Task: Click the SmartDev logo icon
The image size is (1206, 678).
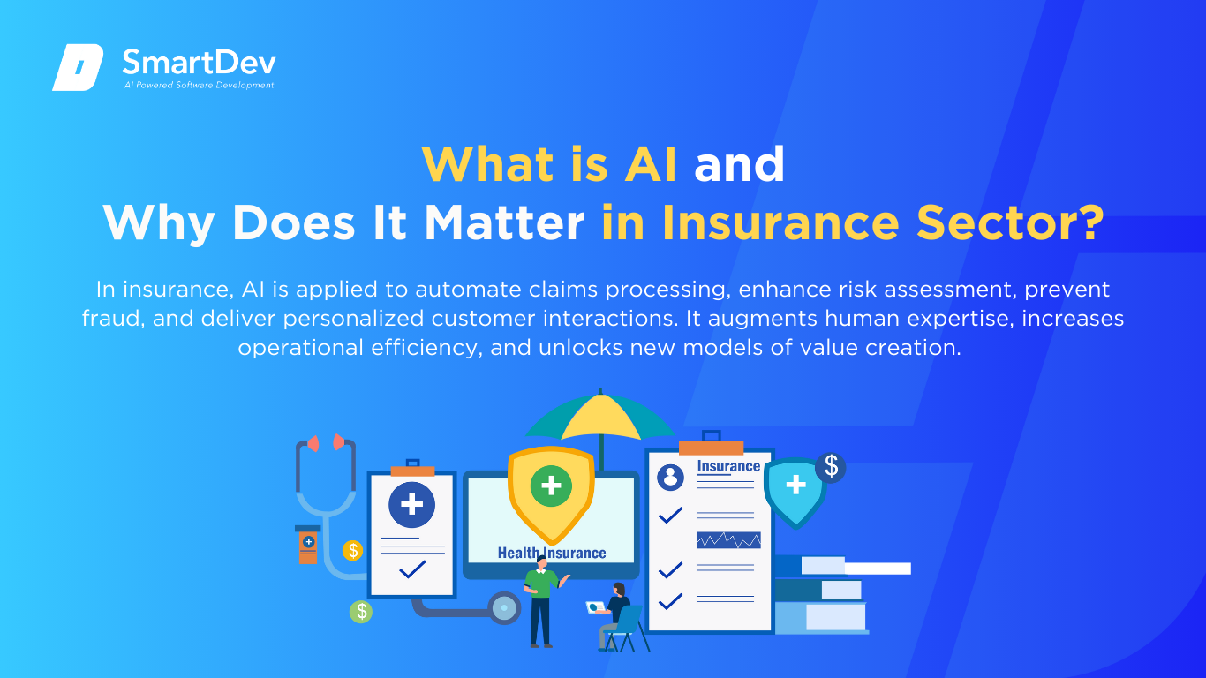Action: point(78,67)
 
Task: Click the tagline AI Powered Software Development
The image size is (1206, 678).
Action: point(199,85)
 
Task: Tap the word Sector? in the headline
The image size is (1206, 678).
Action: point(1010,222)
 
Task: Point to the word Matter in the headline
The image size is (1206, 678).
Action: point(504,222)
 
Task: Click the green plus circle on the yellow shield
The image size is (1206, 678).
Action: point(551,486)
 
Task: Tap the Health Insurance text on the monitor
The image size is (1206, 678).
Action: point(552,553)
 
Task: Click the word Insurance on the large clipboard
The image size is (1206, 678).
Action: point(728,466)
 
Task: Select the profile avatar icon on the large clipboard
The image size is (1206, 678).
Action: point(670,477)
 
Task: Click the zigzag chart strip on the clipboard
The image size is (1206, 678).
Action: point(728,540)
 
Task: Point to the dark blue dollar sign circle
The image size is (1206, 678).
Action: point(831,467)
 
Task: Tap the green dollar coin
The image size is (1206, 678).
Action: point(361,612)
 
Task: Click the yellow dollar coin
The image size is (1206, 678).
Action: point(352,550)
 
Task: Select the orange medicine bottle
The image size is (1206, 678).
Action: point(308,545)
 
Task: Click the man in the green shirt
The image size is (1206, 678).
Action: point(543,601)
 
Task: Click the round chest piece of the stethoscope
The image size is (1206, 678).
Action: point(504,608)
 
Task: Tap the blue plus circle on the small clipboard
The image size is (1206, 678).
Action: point(412,505)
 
